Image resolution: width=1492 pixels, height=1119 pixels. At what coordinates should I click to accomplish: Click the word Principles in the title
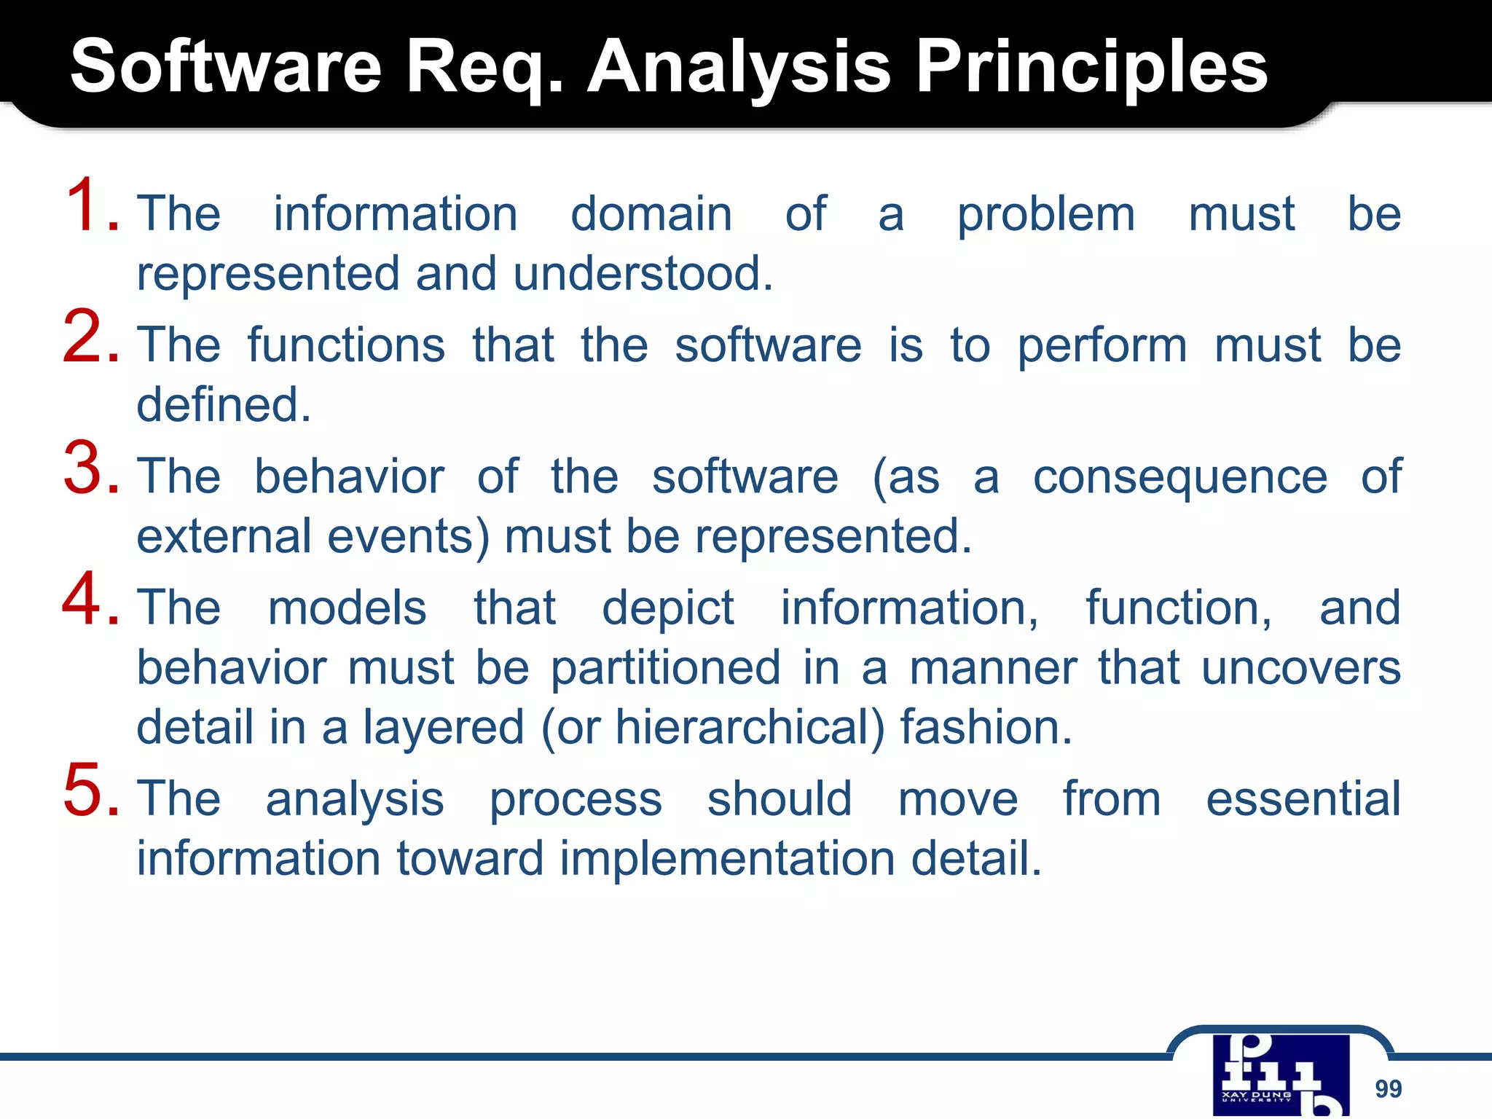(1091, 67)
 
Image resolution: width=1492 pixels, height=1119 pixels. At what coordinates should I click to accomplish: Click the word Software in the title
(226, 67)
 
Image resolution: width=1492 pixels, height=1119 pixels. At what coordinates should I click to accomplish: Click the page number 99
(1388, 1088)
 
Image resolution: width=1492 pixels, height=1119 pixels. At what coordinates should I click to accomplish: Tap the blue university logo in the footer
(1281, 1075)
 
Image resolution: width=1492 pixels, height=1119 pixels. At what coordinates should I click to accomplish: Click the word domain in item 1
(651, 214)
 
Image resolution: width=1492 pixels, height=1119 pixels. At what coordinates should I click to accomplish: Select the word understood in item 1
(642, 274)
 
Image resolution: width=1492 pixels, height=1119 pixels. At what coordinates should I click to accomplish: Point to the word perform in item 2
(1102, 345)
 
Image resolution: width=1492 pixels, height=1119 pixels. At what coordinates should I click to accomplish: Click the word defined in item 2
(224, 405)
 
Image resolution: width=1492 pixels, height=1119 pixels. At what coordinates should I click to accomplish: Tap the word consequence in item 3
(1180, 477)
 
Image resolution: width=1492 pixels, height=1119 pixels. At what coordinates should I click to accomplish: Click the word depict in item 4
(667, 608)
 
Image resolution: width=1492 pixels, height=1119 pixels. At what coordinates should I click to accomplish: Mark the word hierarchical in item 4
(749, 728)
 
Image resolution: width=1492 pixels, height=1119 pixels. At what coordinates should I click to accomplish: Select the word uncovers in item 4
(1300, 668)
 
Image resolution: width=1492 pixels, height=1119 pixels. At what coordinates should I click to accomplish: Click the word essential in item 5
(1303, 799)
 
